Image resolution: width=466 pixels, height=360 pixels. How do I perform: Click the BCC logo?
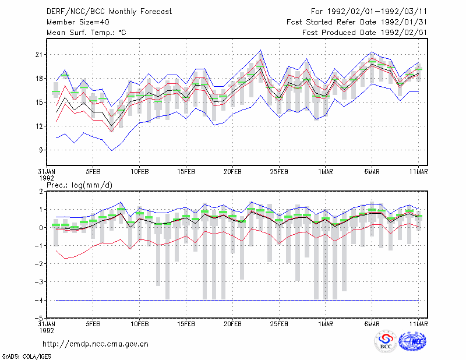[x=386, y=342]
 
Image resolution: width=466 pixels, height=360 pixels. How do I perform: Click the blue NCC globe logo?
[x=412, y=341]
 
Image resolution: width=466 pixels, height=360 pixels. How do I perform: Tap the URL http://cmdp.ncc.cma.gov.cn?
[x=96, y=344]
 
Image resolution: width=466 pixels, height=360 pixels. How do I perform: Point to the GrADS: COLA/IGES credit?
[x=26, y=357]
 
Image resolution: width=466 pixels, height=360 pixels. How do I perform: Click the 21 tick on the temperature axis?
[x=39, y=55]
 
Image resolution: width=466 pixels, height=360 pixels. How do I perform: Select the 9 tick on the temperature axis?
[x=41, y=150]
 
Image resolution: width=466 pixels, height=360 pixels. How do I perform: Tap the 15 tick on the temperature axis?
[x=39, y=103]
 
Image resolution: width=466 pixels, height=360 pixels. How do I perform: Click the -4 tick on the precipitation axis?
[x=38, y=300]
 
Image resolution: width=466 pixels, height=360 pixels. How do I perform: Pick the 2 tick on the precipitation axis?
[x=41, y=192]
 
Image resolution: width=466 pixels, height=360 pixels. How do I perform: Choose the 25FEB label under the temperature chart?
[x=279, y=172]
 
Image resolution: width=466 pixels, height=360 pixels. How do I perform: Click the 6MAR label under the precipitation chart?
[x=372, y=324]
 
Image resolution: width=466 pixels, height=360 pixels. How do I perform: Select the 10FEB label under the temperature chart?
[x=139, y=172]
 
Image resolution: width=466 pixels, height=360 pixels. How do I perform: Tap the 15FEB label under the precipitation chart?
[x=186, y=324]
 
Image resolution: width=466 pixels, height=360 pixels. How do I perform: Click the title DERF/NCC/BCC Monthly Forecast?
[x=109, y=12]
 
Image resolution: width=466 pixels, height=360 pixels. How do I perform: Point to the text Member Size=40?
[x=78, y=22]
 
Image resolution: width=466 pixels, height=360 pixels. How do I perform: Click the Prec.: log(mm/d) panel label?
[x=79, y=185]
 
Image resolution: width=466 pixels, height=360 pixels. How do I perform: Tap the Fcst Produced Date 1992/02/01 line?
[x=365, y=33]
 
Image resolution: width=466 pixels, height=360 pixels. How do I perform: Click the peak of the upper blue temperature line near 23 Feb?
[x=260, y=50]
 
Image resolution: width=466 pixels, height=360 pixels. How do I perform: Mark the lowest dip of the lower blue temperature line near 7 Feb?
[x=112, y=150]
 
